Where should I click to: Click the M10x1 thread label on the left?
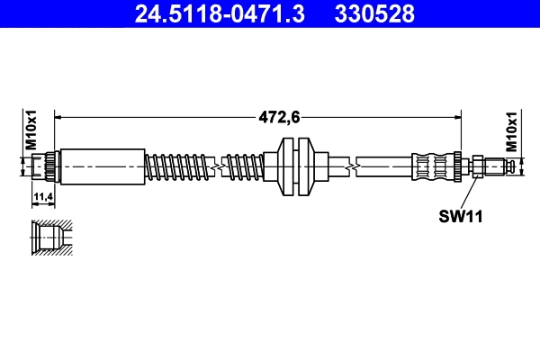30,131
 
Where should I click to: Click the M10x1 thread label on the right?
510,131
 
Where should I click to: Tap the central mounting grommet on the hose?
297,166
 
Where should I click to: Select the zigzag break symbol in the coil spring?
216,166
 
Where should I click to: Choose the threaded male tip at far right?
506,166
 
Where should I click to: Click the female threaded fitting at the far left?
43,166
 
